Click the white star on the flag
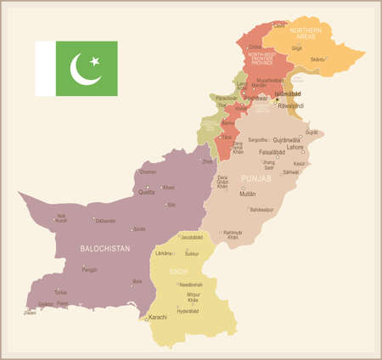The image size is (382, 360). [95, 60]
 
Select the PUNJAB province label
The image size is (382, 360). [257, 178]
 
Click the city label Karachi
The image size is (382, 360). [158, 317]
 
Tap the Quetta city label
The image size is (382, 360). [147, 192]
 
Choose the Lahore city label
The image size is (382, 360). [295, 147]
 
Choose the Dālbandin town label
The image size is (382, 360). [105, 221]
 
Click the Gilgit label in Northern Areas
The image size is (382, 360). [296, 48]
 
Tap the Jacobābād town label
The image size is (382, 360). [192, 238]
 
